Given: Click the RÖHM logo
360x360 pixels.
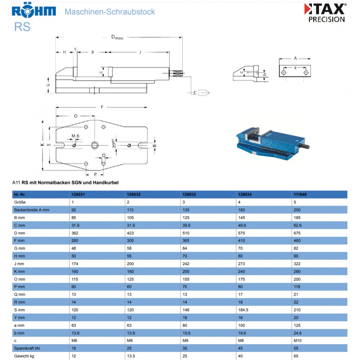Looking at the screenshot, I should pyautogui.click(x=34, y=10).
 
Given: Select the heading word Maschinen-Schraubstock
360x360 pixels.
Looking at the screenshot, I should pyautogui.click(x=110, y=11).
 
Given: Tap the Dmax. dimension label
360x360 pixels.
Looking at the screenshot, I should pyautogui.click(x=117, y=37).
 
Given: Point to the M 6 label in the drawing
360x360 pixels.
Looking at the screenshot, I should pyautogui.click(x=75, y=136).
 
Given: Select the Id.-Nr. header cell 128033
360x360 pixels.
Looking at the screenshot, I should pyautogui.click(x=189, y=195).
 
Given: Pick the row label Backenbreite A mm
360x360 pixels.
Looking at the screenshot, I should pyautogui.click(x=31, y=210).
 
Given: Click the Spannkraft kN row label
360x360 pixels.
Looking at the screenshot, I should pyautogui.click(x=27, y=348).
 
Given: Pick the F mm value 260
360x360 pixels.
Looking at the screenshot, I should pyautogui.click(x=76, y=241).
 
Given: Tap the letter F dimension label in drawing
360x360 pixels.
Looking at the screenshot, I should pyautogui.click(x=102, y=107).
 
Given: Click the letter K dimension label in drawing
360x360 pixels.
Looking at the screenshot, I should pyautogui.click(x=42, y=144).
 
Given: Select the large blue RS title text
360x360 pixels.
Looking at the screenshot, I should pyautogui.click(x=22, y=26).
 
